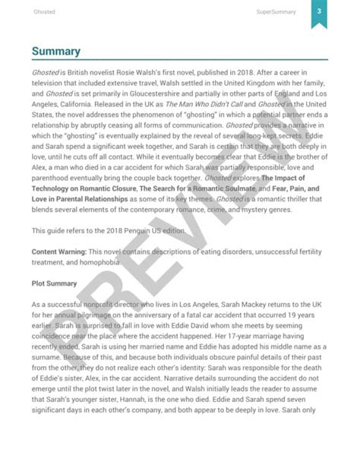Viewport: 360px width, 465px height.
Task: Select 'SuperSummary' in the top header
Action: [x=275, y=12]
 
